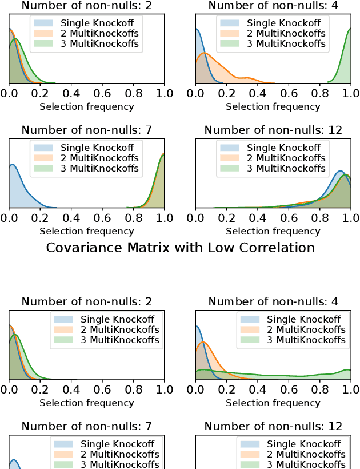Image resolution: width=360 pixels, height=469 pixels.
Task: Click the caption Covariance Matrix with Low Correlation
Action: coord(180,248)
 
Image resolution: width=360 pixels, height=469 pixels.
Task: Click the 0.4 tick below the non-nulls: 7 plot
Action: coord(71,218)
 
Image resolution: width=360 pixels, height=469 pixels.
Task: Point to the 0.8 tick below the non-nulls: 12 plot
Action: coord(320,218)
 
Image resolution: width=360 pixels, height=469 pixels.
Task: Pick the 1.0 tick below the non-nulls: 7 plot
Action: coord(164,218)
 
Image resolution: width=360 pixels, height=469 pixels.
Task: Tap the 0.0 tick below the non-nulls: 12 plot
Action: coord(195,218)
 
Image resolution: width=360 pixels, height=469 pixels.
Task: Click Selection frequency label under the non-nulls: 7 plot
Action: coord(86,232)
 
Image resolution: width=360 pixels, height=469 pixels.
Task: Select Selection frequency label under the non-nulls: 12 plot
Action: coord(273,232)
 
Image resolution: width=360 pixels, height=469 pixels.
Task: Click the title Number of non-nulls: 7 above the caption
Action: coord(86,130)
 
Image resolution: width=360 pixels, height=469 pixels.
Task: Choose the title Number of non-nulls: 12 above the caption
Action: coord(273,130)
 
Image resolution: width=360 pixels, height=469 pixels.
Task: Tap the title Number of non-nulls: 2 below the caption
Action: coord(86,301)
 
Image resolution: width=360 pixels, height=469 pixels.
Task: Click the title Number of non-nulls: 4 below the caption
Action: coord(273,301)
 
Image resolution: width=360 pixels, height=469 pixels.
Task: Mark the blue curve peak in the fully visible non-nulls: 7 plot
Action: coord(12,165)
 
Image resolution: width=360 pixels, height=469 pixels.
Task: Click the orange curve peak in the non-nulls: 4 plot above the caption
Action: coord(204,53)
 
